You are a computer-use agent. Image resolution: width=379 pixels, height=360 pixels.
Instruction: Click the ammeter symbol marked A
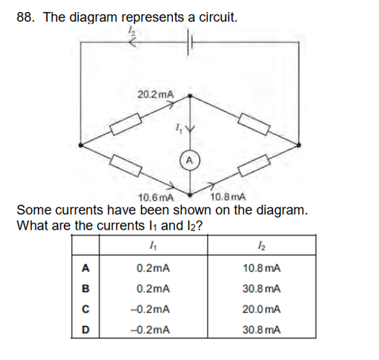tap(189, 160)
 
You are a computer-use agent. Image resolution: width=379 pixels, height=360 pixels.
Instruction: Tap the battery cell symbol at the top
tap(189, 42)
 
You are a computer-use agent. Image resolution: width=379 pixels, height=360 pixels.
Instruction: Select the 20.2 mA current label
tap(155, 95)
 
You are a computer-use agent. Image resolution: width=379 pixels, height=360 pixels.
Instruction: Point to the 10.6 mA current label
tap(156, 197)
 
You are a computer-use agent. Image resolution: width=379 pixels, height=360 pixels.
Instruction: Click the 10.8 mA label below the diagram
tap(227, 196)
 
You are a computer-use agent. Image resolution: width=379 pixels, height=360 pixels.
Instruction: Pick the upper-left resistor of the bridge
tap(126, 124)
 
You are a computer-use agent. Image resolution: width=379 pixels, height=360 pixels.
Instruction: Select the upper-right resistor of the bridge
tap(254, 124)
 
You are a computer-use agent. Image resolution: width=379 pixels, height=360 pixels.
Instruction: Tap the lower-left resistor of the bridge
tap(126, 166)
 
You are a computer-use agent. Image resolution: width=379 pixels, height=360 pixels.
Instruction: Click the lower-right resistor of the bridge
tap(254, 166)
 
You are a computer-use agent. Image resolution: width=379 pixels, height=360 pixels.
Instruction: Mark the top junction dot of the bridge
tap(190, 95)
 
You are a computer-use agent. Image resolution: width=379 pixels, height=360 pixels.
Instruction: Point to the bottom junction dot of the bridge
tap(190, 195)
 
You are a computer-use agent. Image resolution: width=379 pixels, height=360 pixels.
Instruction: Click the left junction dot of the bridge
tap(80, 145)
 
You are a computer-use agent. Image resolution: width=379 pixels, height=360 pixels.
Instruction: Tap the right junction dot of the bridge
tap(299, 145)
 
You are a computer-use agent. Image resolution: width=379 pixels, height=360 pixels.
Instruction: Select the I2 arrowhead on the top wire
tap(133, 42)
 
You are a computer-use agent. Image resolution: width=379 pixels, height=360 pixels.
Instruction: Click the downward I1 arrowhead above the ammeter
tap(190, 129)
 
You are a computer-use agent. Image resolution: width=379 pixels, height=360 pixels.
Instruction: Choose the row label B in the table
tap(86, 289)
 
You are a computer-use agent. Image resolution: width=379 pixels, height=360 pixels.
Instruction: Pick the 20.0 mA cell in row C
tap(262, 309)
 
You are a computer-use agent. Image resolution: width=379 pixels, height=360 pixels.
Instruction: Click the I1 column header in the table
tap(153, 245)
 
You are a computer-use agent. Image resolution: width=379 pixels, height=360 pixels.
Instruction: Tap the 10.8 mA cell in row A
tap(262, 268)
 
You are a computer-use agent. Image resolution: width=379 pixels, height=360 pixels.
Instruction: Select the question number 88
tap(26, 17)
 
